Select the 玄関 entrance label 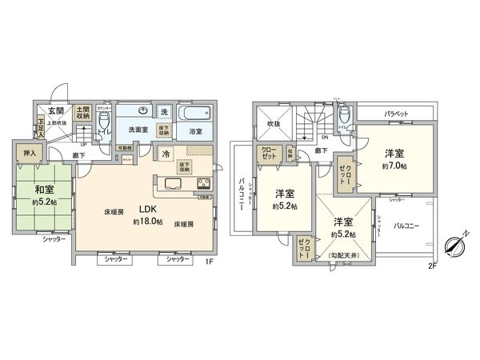55,111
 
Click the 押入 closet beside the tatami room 26,152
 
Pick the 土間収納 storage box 82,114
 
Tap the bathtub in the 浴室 195,114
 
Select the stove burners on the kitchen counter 200,186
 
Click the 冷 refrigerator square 165,154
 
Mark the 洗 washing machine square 163,112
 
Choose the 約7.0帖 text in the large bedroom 394,165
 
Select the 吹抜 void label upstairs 273,125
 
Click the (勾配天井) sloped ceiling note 346,255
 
